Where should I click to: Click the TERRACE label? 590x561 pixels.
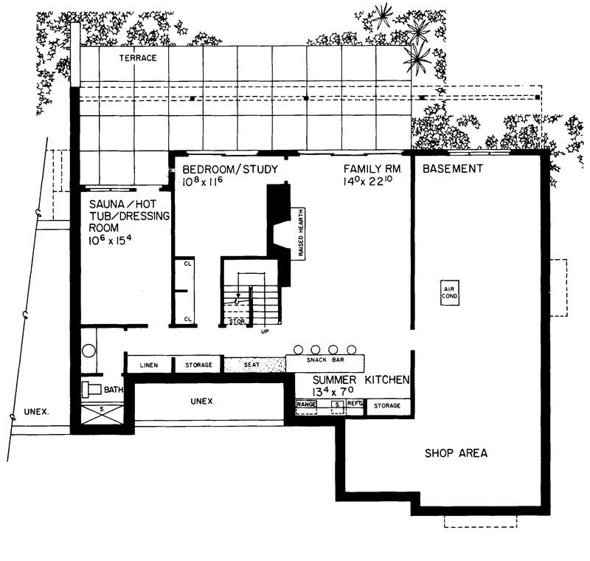pos(139,58)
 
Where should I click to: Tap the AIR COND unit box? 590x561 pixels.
pos(448,292)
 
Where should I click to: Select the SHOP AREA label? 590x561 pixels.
pos(455,452)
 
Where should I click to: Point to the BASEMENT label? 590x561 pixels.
pos(452,169)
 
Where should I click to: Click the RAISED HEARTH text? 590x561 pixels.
pos(302,233)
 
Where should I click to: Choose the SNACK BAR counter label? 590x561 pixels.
pos(326,361)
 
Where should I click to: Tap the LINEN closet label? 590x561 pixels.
pos(149,365)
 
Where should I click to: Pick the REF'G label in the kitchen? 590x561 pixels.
pos(355,405)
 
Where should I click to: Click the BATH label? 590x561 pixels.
pos(114,390)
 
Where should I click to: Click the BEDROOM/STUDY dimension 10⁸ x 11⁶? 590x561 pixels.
pos(205,181)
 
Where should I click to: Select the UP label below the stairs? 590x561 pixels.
pos(265,331)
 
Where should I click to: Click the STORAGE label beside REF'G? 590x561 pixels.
pos(386,405)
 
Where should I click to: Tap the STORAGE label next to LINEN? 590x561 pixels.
pos(198,365)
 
